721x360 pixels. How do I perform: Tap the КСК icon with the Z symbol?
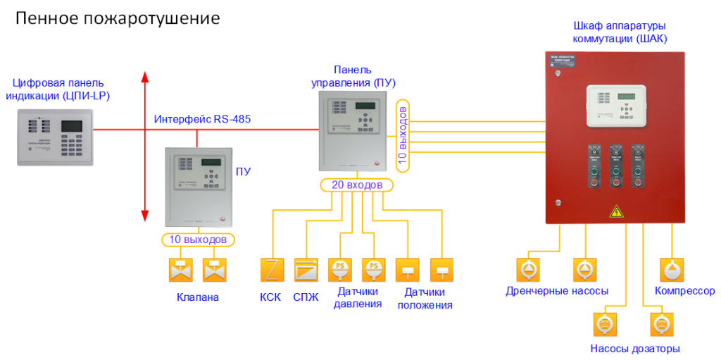click(x=271, y=270)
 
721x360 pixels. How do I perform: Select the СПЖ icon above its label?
click(x=306, y=270)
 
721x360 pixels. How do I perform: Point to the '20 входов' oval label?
click(x=356, y=185)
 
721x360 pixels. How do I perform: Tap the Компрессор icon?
click(x=671, y=269)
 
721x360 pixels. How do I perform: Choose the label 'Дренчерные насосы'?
click(x=557, y=291)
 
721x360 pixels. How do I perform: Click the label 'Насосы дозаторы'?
click(x=635, y=349)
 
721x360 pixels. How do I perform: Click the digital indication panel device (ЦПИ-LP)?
click(x=56, y=137)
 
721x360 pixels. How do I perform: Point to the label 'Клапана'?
click(x=198, y=297)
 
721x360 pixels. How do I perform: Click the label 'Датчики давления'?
click(x=358, y=298)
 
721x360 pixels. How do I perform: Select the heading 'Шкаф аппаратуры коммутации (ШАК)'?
click(x=620, y=32)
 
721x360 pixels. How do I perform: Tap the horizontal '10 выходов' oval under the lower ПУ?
click(x=198, y=240)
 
